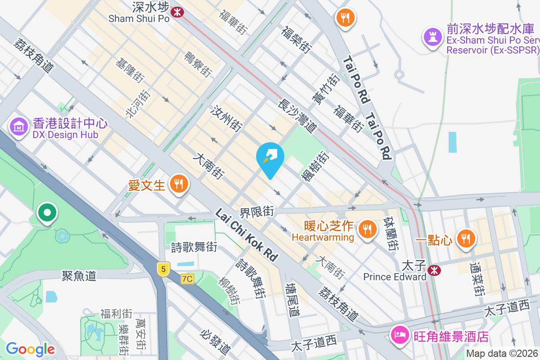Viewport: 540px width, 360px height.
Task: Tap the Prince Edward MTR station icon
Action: (434, 270)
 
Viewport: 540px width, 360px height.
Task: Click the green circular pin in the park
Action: (47, 212)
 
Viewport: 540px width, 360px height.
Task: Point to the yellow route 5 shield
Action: (163, 269)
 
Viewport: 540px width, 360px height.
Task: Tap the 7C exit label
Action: (187, 279)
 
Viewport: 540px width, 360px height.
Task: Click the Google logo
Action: (30, 349)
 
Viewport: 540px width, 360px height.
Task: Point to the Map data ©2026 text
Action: (502, 354)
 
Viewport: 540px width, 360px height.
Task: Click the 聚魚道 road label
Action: (79, 275)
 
